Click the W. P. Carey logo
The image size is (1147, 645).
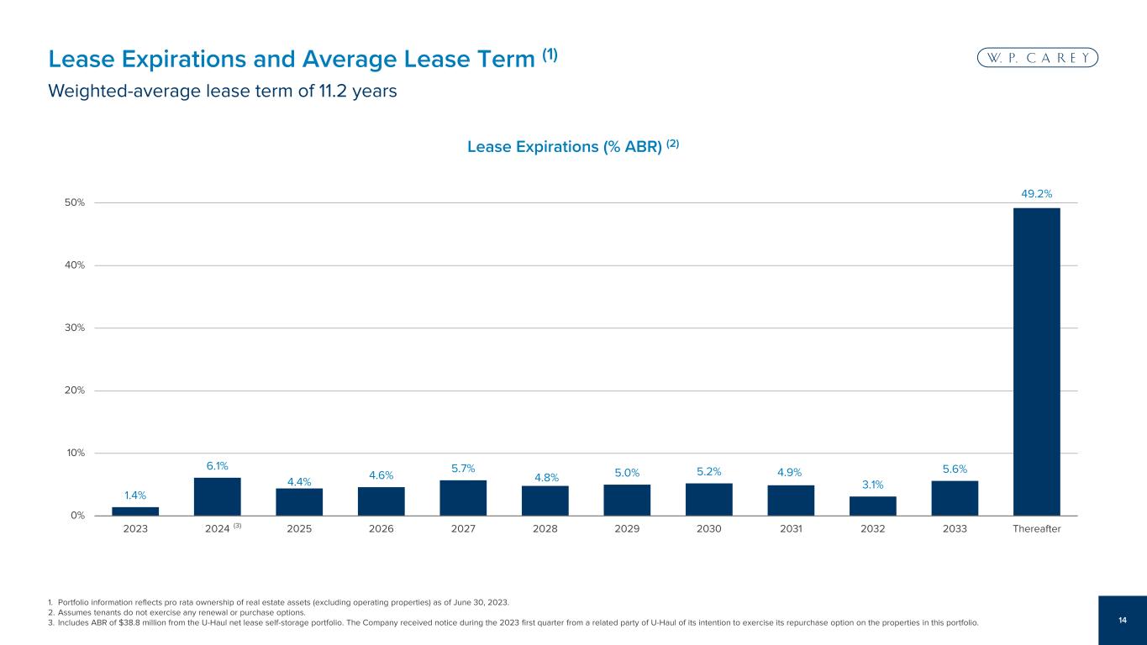pos(1038,58)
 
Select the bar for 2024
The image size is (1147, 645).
pos(217,496)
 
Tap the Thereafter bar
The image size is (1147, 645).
pos(1036,362)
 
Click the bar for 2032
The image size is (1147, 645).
pos(872,506)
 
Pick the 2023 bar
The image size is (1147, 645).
pos(135,511)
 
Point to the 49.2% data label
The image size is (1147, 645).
pos(1036,194)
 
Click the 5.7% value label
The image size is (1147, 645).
pos(463,469)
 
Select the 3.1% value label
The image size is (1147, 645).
pos(872,485)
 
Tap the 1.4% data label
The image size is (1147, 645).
pos(135,496)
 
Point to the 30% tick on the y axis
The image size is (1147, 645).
pos(75,328)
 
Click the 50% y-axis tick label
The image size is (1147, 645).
pos(75,202)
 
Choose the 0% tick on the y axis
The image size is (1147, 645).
pos(78,516)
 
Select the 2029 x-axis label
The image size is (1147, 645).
pos(627,529)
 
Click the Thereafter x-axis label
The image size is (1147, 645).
pos(1036,529)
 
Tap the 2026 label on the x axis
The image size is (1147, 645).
pos(381,529)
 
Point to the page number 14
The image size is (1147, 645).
pos(1123,620)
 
